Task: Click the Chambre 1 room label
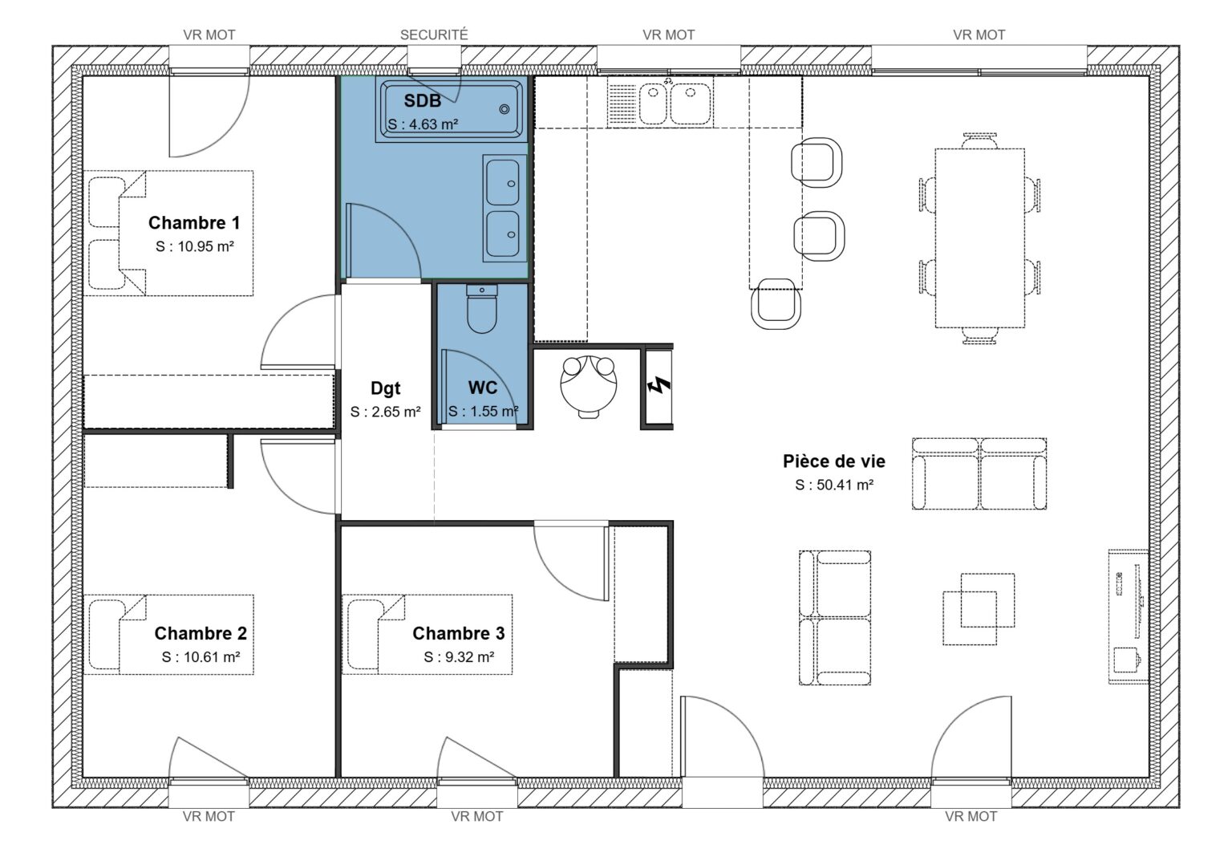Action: [x=194, y=223]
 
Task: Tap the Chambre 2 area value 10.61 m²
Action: [x=201, y=657]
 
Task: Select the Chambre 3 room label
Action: [x=458, y=633]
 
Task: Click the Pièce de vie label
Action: [x=834, y=461]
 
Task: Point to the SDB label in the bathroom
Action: [x=422, y=101]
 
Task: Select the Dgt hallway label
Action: [x=385, y=388]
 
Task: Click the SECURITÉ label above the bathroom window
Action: [x=433, y=35]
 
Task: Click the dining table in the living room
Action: [x=979, y=238]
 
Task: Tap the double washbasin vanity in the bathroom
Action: [x=503, y=209]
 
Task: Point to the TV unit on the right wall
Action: [x=1129, y=615]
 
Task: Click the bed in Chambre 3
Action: [x=428, y=634]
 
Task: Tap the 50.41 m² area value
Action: [x=834, y=485]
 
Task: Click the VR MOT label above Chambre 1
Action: [x=209, y=35]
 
